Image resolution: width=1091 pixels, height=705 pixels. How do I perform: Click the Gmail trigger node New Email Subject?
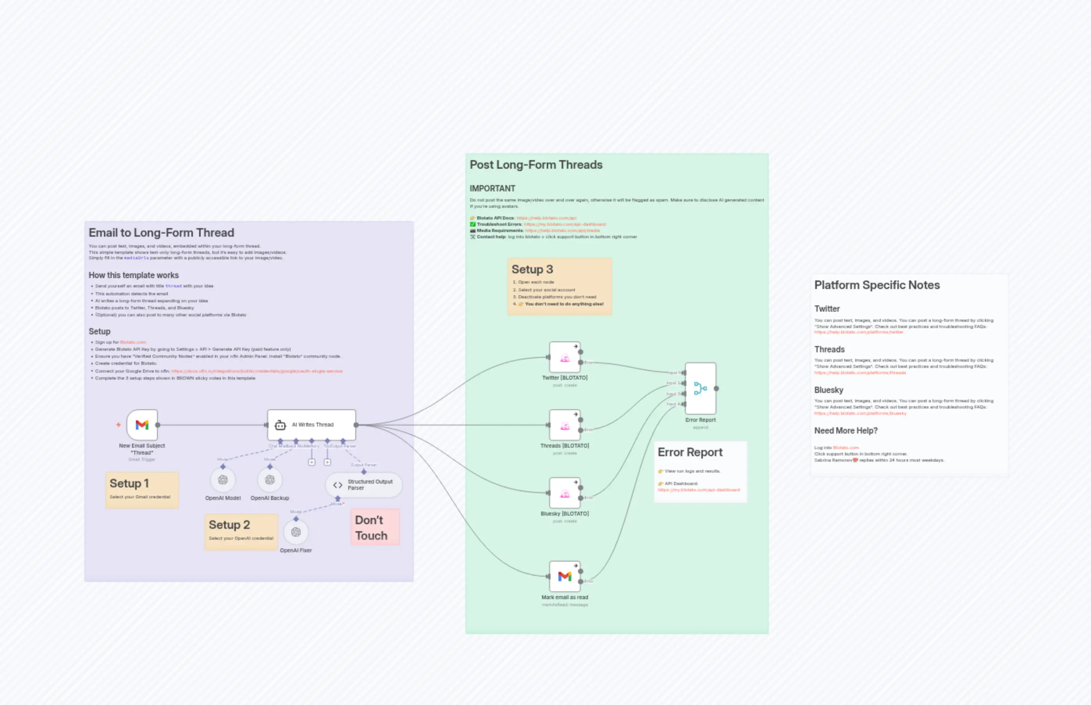tap(142, 425)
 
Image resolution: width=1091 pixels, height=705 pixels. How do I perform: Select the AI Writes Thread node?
tap(312, 425)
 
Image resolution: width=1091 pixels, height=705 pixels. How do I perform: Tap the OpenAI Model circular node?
tap(223, 480)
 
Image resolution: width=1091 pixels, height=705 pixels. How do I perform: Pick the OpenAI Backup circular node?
tap(269, 480)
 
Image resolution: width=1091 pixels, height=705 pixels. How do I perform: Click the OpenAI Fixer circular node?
tap(296, 532)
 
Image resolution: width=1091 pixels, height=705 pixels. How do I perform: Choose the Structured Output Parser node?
tap(364, 485)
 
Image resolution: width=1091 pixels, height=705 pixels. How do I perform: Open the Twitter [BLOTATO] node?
tap(565, 357)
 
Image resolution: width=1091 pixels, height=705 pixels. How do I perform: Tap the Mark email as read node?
tap(565, 577)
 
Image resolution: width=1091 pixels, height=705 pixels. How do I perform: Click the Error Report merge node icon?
tap(700, 389)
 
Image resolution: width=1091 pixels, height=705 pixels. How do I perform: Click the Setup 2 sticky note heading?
tap(229, 525)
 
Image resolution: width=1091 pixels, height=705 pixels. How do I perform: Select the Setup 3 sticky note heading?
tap(532, 270)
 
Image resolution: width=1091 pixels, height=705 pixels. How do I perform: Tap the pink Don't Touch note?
tap(375, 527)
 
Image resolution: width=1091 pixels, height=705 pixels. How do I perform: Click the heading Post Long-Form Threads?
tap(536, 165)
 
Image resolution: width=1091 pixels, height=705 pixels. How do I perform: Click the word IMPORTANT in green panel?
tap(492, 189)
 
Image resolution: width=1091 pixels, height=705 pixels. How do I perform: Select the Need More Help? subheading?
tap(845, 431)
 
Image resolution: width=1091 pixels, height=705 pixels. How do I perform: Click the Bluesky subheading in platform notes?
tap(828, 390)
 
